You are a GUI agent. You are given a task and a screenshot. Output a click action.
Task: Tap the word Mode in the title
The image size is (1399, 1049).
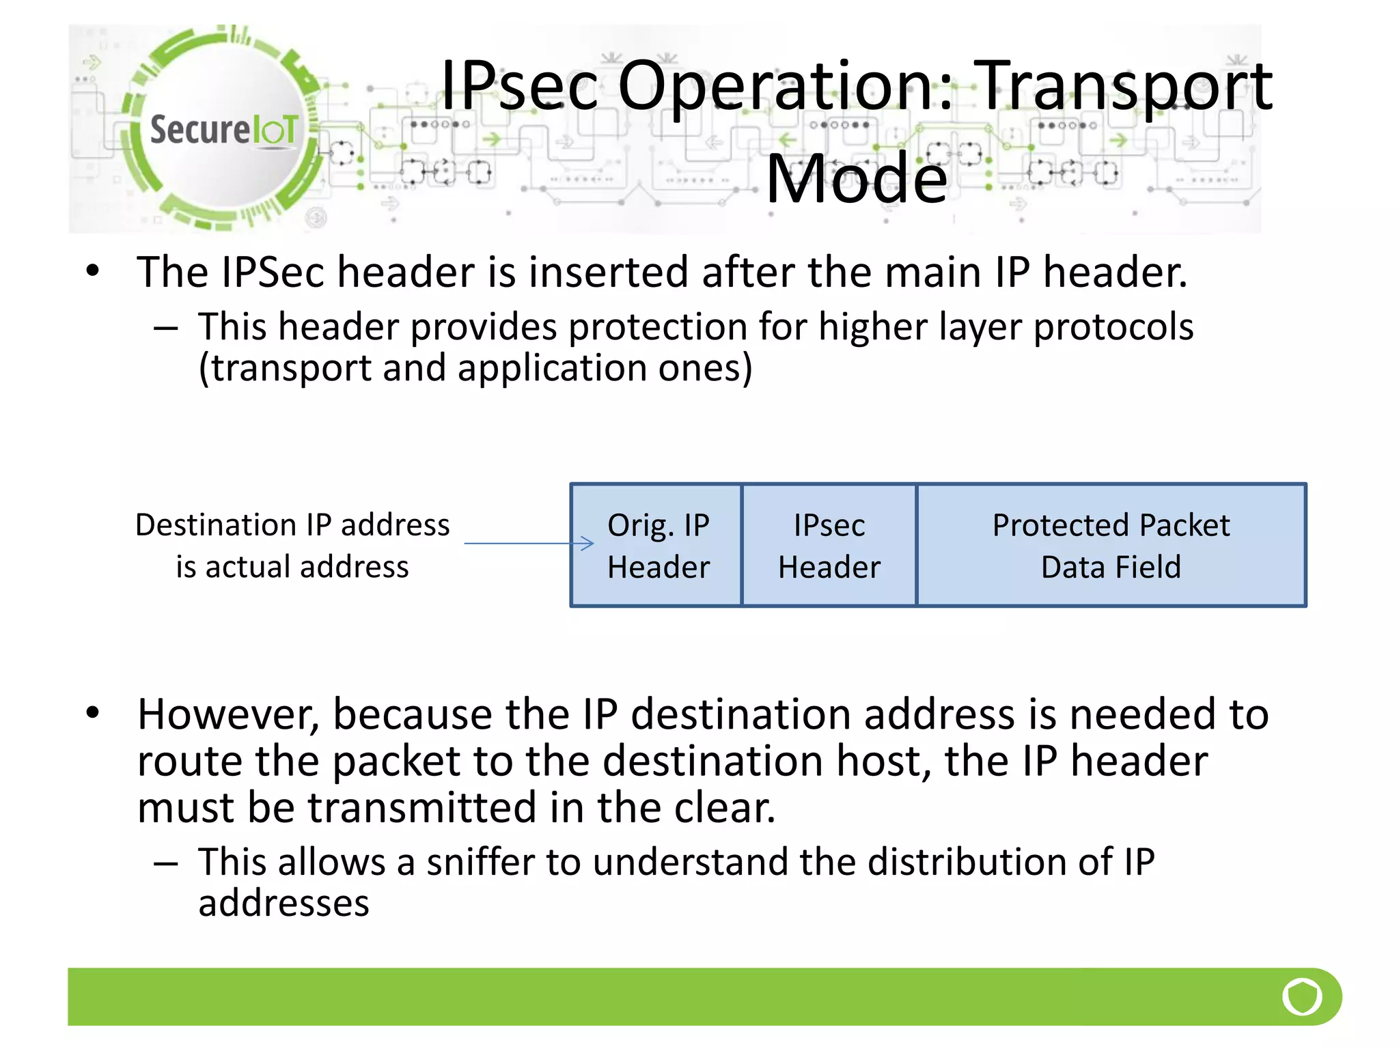click(857, 179)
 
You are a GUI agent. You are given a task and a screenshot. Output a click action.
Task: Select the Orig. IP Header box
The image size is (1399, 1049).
click(657, 546)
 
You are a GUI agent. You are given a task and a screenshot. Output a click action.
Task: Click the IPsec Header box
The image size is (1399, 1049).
click(829, 546)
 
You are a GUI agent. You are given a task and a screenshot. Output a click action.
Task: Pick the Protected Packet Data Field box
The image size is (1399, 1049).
click(1111, 546)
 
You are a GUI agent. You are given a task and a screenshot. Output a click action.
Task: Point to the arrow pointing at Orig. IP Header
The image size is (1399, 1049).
click(529, 544)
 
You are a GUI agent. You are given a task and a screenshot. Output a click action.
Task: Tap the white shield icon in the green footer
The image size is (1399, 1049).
click(1302, 997)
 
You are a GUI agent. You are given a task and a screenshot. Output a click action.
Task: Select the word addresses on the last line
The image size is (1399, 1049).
click(283, 904)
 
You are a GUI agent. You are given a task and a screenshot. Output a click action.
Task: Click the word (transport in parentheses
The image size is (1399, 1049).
click(284, 369)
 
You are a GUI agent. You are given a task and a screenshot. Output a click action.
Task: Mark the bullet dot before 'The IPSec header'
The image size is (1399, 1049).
click(93, 270)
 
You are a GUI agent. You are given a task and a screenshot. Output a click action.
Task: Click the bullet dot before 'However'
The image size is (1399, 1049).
click(93, 713)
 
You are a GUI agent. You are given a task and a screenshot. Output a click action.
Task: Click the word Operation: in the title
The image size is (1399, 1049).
click(784, 87)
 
